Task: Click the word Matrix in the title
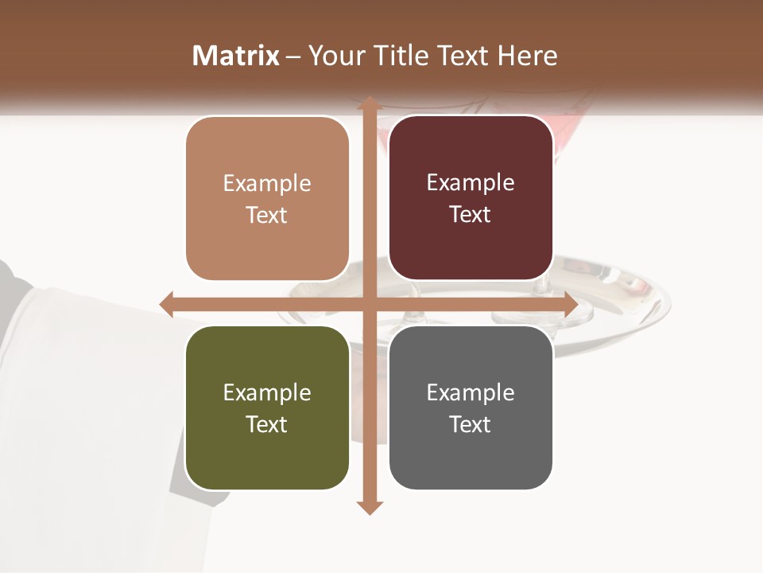(236, 56)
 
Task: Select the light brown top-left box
(267, 199)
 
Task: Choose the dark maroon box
(471, 198)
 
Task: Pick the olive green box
(267, 408)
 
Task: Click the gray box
(471, 408)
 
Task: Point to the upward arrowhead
(369, 103)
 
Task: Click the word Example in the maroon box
(471, 182)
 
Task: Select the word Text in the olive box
(266, 424)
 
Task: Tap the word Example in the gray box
(471, 392)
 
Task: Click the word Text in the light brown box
(266, 215)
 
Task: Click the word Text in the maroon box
(471, 214)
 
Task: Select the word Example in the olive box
(267, 392)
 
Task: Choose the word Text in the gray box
(471, 424)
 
